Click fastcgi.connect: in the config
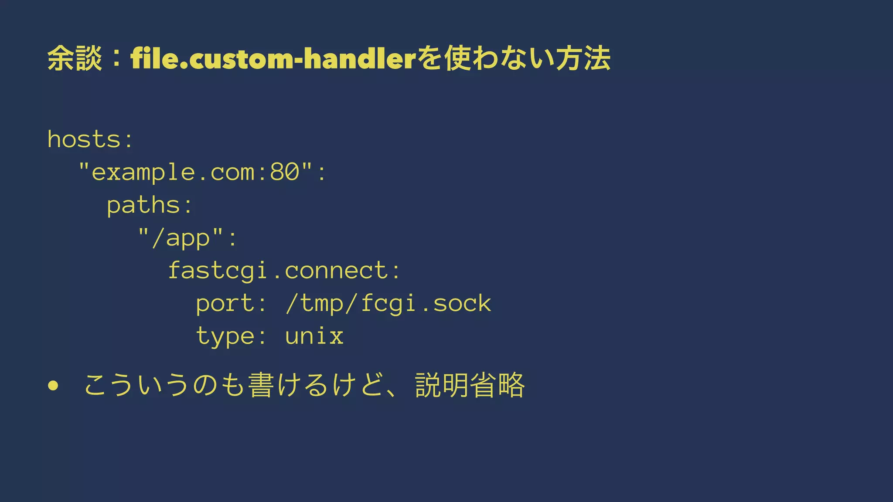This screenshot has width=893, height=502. click(x=284, y=271)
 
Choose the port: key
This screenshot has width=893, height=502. click(x=231, y=304)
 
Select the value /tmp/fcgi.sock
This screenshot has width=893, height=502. click(x=389, y=304)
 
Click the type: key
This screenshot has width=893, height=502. click(x=231, y=336)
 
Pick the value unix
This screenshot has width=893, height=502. click(x=314, y=336)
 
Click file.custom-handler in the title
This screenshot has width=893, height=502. click(x=273, y=59)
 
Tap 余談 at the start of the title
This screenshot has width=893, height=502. click(x=75, y=58)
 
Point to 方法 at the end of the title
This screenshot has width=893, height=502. click(x=583, y=58)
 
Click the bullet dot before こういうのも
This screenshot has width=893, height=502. click(x=53, y=386)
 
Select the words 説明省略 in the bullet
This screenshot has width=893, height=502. click(x=470, y=385)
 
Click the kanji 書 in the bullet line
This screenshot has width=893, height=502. click(x=260, y=385)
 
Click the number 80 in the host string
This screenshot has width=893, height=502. click(x=285, y=172)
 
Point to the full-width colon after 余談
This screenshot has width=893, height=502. click(x=116, y=59)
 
